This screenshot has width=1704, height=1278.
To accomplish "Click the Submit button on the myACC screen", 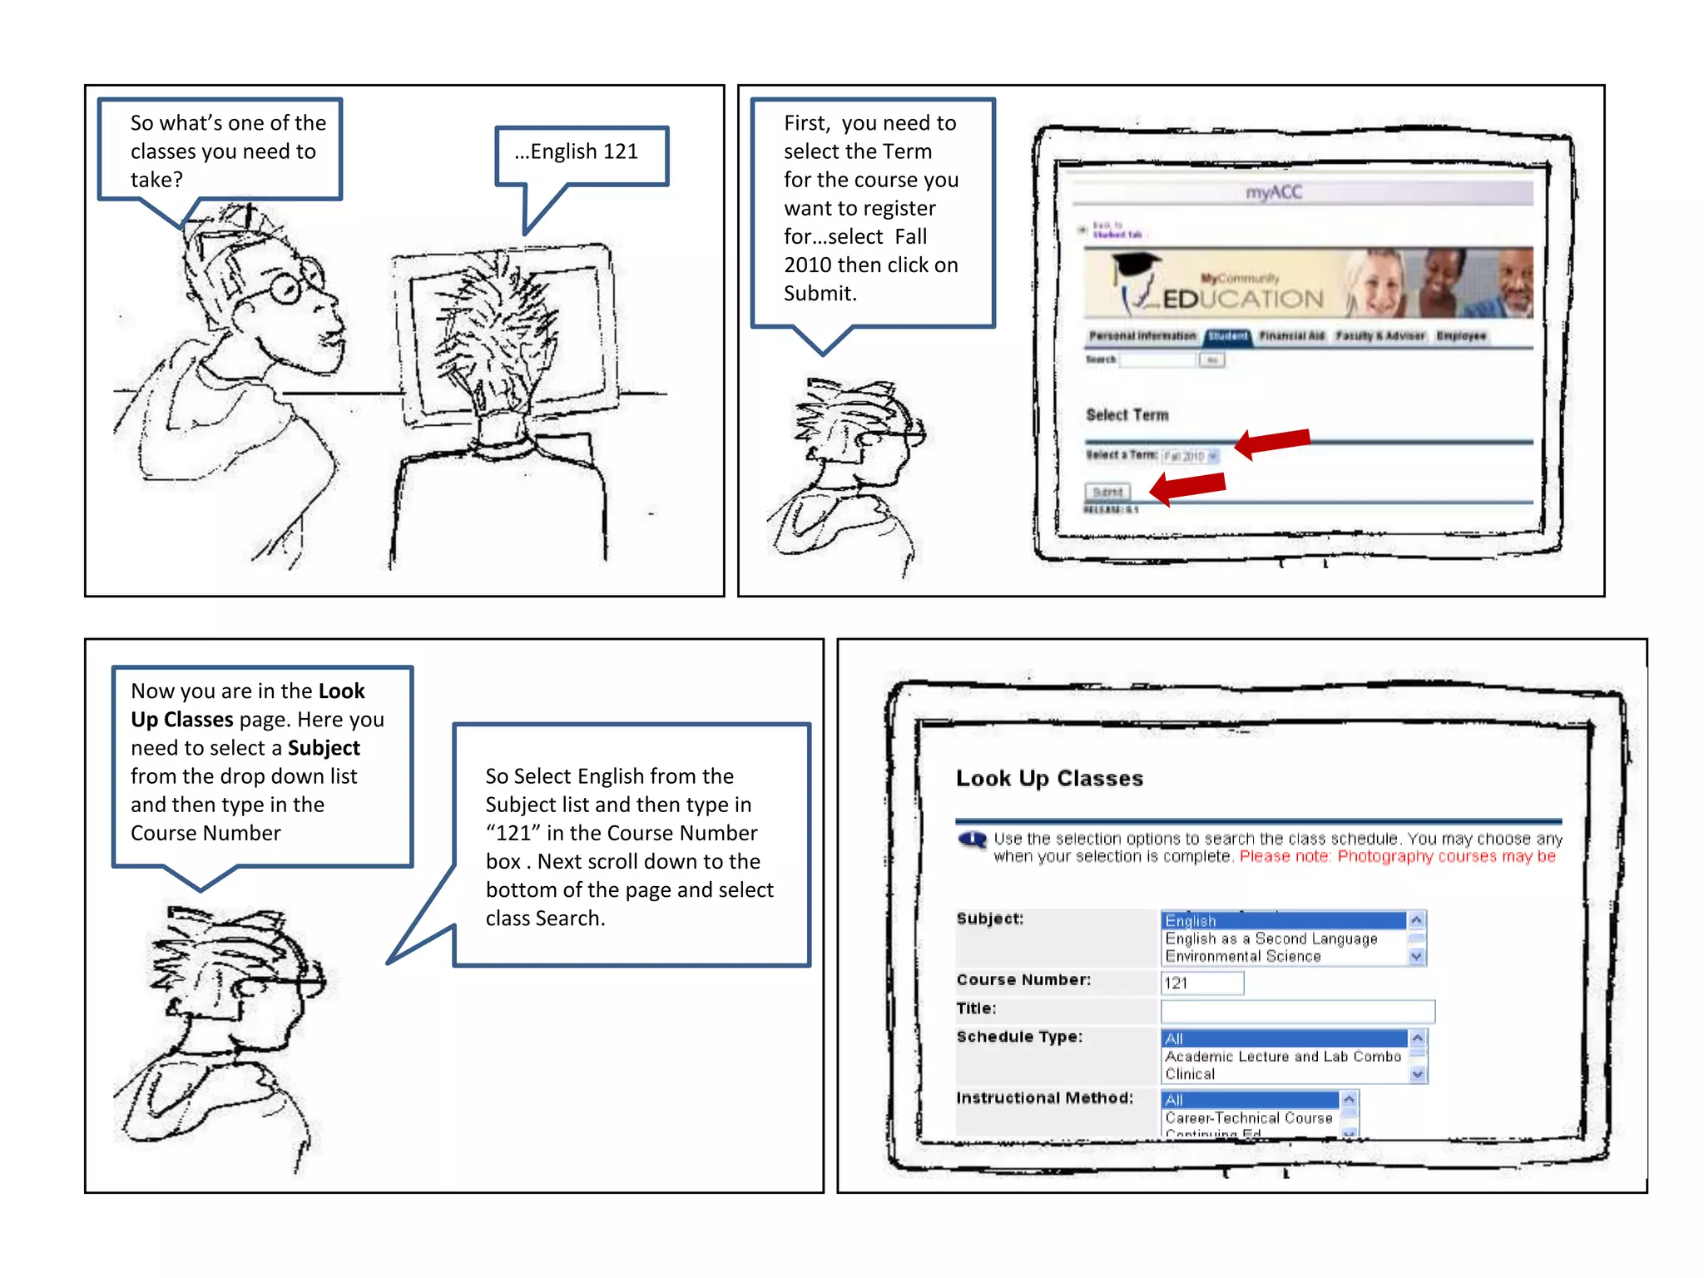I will [x=1107, y=492].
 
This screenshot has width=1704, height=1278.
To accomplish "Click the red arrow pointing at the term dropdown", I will [x=1272, y=442].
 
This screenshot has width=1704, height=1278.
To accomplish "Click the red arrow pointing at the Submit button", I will [x=1187, y=488].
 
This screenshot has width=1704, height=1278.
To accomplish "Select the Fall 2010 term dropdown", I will [x=1191, y=456].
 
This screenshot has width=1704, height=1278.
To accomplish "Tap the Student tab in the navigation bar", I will [x=1227, y=336].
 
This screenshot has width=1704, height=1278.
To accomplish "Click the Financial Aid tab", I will [x=1291, y=336].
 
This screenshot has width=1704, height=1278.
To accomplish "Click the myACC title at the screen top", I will [x=1273, y=193].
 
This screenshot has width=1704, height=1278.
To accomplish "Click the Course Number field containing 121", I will [x=1201, y=983].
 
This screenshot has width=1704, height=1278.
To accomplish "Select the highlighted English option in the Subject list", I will [x=1282, y=920].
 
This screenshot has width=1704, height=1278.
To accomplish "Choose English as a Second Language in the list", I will [x=1271, y=939].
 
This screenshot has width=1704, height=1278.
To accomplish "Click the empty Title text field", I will [x=1297, y=1011].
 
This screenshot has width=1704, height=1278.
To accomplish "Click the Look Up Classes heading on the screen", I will [x=1049, y=779].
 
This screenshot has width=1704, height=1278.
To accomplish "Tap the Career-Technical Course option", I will [x=1248, y=1118].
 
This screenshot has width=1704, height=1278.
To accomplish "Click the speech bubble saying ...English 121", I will [x=582, y=155].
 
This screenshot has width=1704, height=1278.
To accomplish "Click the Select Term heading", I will [x=1127, y=415].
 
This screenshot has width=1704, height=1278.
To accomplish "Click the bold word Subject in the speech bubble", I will [x=324, y=748].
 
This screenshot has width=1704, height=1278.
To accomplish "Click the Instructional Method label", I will [x=1044, y=1098].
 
